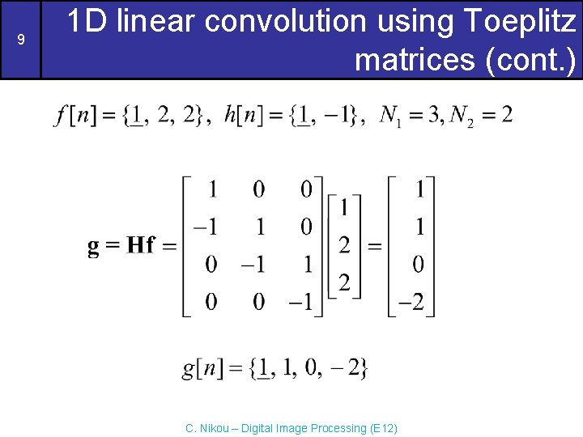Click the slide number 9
pyautogui.click(x=20, y=39)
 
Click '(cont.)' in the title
pyautogui.click(x=535, y=59)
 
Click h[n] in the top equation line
pyautogui.click(x=242, y=116)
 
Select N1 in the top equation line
pyautogui.click(x=390, y=117)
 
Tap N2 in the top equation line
pyautogui.click(x=462, y=117)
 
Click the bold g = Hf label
pyautogui.click(x=121, y=246)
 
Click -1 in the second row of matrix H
pyautogui.click(x=206, y=227)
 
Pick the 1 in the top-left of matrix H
pyautogui.click(x=212, y=190)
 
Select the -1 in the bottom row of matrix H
pyautogui.click(x=302, y=303)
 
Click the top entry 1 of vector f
pyautogui.click(x=344, y=209)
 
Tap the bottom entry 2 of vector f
pyautogui.click(x=344, y=282)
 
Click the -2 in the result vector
pyautogui.click(x=411, y=303)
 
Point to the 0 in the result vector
pyautogui.click(x=419, y=265)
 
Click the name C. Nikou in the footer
pyautogui.click(x=207, y=428)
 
